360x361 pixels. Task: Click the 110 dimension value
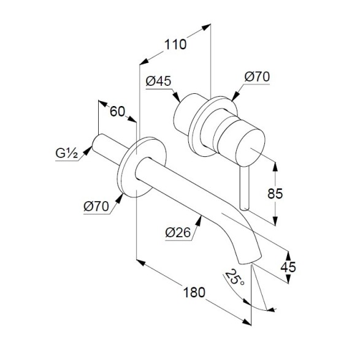[x=175, y=44]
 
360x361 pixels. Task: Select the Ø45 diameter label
[x=158, y=81]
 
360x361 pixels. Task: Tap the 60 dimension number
[x=117, y=112]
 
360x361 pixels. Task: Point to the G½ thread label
[x=67, y=153]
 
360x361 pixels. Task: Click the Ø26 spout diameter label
[x=178, y=232]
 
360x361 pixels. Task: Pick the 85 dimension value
[x=275, y=194]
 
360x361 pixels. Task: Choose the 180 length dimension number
[x=194, y=292]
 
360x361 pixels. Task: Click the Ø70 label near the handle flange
[x=257, y=77]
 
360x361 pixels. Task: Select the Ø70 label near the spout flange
[x=96, y=206]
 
